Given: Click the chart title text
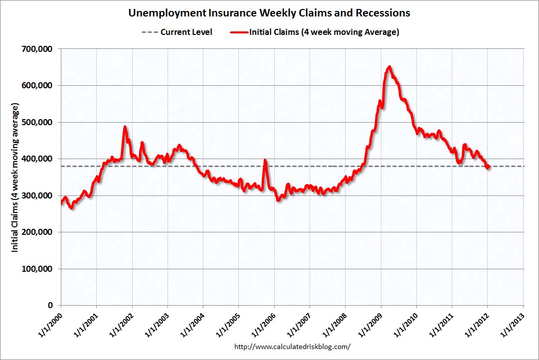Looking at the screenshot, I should [269, 12].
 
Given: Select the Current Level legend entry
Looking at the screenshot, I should [178, 32].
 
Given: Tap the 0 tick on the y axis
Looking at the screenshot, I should [51, 305].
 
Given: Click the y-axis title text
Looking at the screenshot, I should [15, 178].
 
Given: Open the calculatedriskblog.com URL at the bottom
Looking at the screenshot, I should [292, 346].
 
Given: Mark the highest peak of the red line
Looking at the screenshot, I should [389, 67].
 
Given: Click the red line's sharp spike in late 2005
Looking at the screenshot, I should [265, 161].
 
